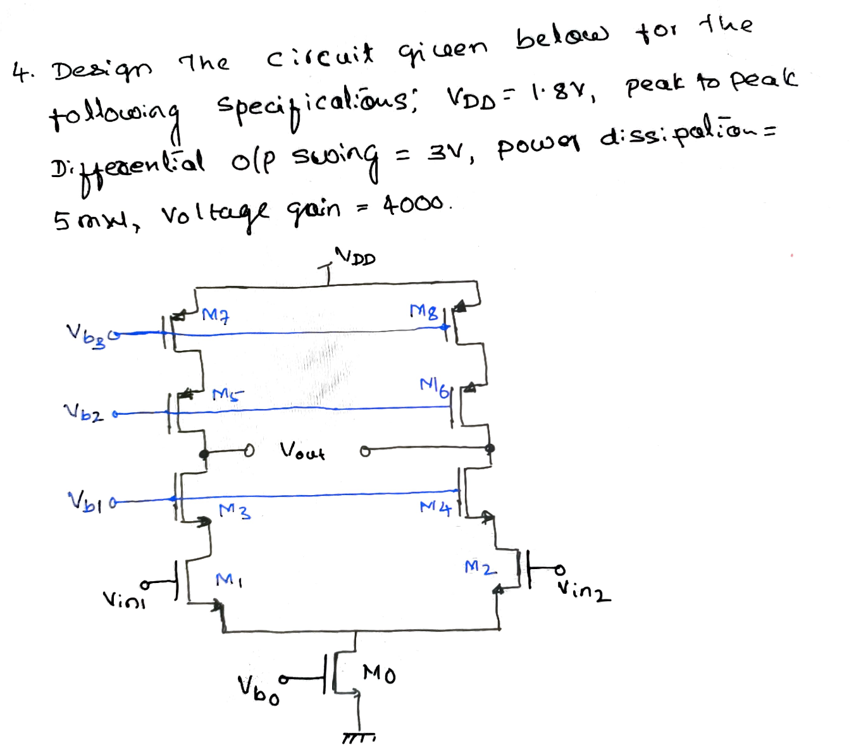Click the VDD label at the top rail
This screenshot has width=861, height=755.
pyautogui.click(x=356, y=257)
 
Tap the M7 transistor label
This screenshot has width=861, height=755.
pyautogui.click(x=215, y=314)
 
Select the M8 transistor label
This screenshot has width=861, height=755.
pyautogui.click(x=423, y=311)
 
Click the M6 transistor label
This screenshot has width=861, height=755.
pyautogui.click(x=435, y=387)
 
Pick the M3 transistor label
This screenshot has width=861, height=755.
pyautogui.click(x=235, y=511)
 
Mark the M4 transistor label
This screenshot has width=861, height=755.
pyautogui.click(x=436, y=507)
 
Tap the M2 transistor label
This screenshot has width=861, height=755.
pyautogui.click(x=480, y=567)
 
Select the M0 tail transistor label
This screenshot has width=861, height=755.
pyautogui.click(x=380, y=674)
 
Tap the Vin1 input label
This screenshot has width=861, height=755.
pyautogui.click(x=124, y=599)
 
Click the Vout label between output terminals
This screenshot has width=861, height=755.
pyautogui.click(x=302, y=451)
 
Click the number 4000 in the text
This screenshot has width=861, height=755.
pyautogui.click(x=414, y=205)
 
